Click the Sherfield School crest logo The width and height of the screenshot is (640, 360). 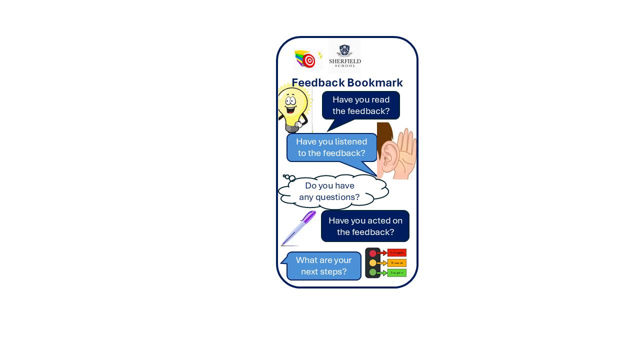pos(344,51)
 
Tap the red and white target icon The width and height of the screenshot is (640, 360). pos(309,60)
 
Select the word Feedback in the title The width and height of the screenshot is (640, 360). pos(317,82)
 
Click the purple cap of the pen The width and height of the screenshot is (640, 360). pos(309,216)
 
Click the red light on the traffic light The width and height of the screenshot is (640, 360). pos(372,253)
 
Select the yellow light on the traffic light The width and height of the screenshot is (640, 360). pos(372,263)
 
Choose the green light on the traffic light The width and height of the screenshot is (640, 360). pos(372,272)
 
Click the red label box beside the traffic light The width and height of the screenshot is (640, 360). pos(396,253)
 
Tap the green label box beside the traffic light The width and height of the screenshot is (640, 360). pos(396,273)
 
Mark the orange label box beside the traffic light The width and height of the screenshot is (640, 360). pos(396,263)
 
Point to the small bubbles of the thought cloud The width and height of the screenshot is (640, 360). pos(289,177)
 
